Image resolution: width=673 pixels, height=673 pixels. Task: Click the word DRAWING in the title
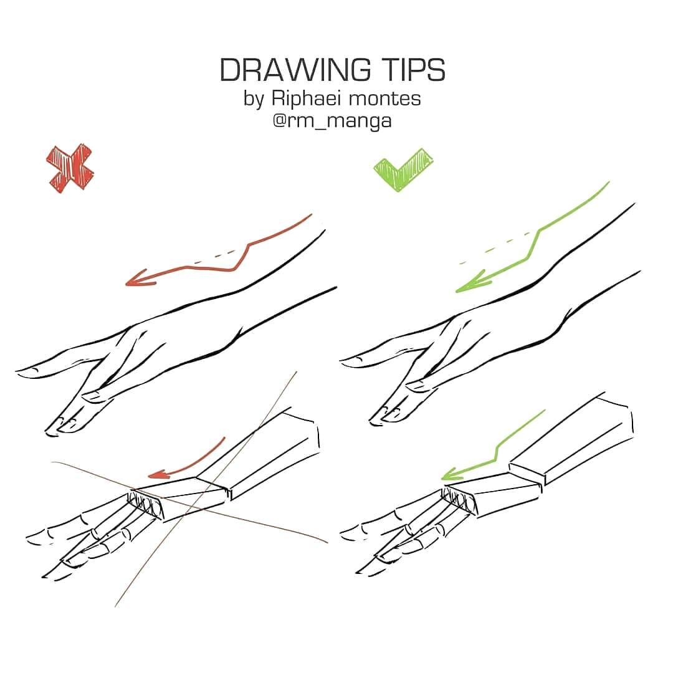[x=295, y=70]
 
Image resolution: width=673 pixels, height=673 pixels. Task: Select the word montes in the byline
[x=384, y=99]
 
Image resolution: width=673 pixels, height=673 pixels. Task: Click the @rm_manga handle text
[x=332, y=121]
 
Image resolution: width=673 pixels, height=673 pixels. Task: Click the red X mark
[x=70, y=168]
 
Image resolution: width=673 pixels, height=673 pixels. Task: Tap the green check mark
[x=403, y=169]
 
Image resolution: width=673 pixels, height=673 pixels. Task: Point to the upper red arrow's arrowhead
[x=140, y=279]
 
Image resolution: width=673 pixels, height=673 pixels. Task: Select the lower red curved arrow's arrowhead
[x=160, y=474]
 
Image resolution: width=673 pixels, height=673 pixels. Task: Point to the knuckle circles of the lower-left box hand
[x=146, y=505]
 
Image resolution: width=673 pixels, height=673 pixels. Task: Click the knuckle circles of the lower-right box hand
[x=459, y=500]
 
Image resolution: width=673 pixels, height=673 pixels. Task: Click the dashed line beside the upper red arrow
[x=214, y=257]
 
